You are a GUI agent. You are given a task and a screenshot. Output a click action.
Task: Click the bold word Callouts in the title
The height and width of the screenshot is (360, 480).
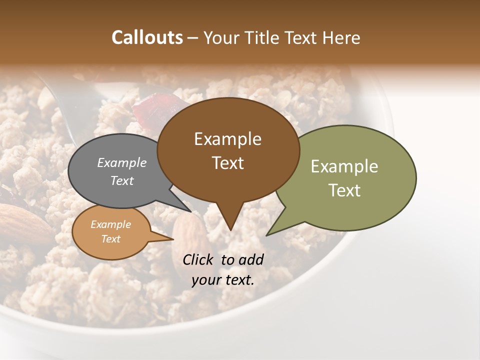pyautogui.click(x=147, y=37)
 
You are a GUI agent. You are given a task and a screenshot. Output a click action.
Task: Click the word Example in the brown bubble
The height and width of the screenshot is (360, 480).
pyautogui.click(x=227, y=139)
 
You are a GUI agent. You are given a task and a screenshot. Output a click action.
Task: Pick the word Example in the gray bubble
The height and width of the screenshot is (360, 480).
pyautogui.click(x=121, y=162)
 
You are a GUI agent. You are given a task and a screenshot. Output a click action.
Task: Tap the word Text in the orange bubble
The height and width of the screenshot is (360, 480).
pyautogui.click(x=110, y=239)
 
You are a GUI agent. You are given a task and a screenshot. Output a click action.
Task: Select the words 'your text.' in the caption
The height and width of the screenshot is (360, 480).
pyautogui.click(x=223, y=280)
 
